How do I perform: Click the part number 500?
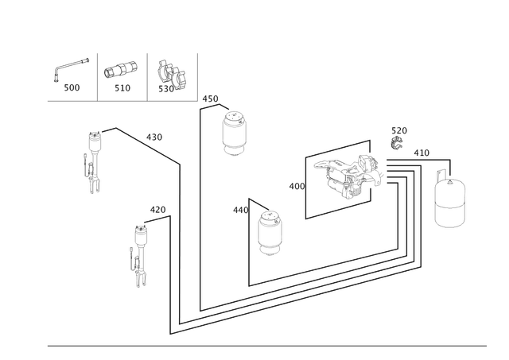(72, 87)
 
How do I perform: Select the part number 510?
(122, 88)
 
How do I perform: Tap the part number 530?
(166, 89)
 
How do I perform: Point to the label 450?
(210, 99)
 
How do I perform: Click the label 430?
(154, 137)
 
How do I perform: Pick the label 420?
(157, 210)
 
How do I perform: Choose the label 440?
(240, 211)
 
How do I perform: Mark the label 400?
(297, 187)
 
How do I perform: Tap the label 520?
(399, 130)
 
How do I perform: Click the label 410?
(422, 153)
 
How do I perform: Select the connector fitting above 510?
(120, 69)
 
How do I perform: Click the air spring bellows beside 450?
(234, 134)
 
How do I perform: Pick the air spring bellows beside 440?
(270, 233)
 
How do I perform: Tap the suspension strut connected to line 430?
(93, 162)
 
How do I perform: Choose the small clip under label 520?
(397, 143)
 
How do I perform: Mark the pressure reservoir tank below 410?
(449, 201)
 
